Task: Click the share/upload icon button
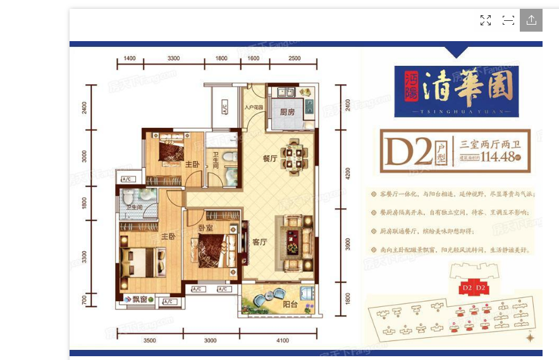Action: coord(531,20)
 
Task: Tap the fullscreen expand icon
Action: coord(486,20)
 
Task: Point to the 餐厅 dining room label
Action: coord(270,159)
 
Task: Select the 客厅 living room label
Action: coord(260,241)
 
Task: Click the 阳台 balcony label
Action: coord(290,304)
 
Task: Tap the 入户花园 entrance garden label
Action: coord(254,107)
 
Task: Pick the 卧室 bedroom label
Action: coord(204,228)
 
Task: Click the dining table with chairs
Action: coord(292,156)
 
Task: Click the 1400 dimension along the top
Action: coord(130,59)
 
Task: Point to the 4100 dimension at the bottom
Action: coord(282,341)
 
